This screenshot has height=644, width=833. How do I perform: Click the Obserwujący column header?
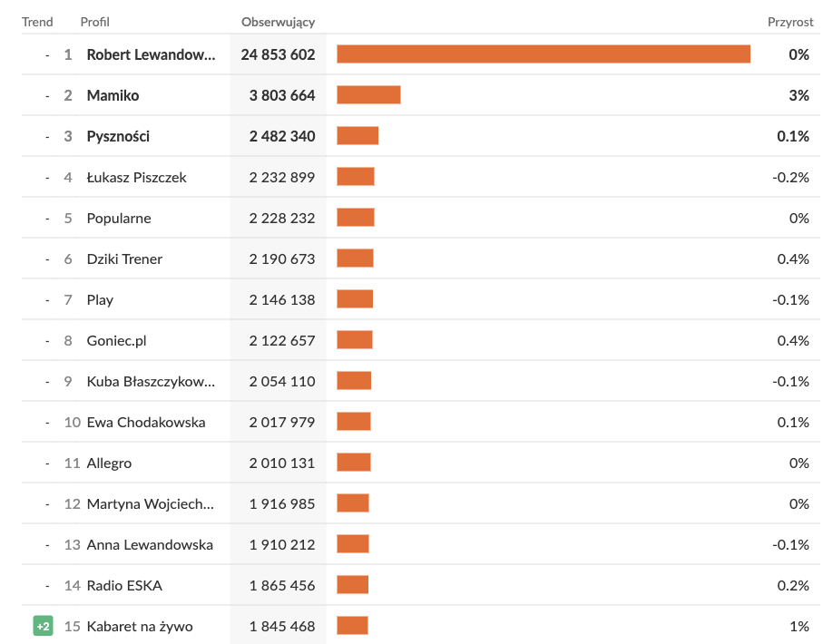278,22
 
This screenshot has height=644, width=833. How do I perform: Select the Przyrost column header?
790,22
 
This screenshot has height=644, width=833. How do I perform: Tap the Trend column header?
37,22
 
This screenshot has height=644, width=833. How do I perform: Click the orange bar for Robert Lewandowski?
543,54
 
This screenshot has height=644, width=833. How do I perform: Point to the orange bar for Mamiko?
368,95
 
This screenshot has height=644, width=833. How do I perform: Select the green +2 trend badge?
43,626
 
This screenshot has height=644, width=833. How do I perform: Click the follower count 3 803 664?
282,95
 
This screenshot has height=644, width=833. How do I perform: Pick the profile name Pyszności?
118,136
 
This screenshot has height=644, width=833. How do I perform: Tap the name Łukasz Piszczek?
136,177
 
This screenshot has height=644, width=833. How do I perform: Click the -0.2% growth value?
790,177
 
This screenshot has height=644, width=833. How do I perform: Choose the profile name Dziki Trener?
124,259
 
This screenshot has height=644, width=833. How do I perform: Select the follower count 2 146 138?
282,299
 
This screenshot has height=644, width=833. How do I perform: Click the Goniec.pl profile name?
116,340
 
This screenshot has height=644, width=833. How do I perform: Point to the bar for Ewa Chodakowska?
354,422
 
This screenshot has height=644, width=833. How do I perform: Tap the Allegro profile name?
109,463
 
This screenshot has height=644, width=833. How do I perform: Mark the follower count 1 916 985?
282,503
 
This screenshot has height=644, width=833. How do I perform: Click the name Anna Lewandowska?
150,544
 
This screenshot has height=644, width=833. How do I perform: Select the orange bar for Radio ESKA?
352,585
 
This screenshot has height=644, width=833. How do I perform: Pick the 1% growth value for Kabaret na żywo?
799,626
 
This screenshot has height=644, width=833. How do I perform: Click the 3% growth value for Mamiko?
799,95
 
